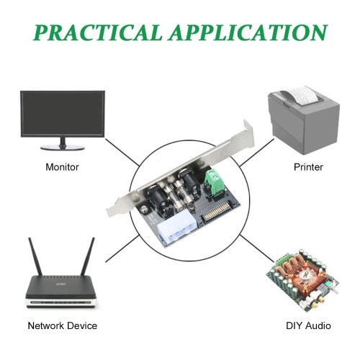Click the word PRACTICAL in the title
pos(97,32)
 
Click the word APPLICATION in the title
pos(248,32)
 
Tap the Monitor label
pos(62,167)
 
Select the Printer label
pos(308,167)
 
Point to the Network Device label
pos(63,325)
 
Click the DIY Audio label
pos(308,325)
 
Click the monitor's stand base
pos(63,147)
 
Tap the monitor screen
pos(63,114)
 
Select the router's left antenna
pos(35,256)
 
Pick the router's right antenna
pos(88,256)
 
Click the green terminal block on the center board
pos(215,181)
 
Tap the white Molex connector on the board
pos(177,229)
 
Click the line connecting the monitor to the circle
pos(122,152)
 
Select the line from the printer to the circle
pos(257,153)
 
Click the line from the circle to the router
pos(122,248)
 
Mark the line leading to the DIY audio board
pos(257,249)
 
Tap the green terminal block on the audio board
pos(282,260)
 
